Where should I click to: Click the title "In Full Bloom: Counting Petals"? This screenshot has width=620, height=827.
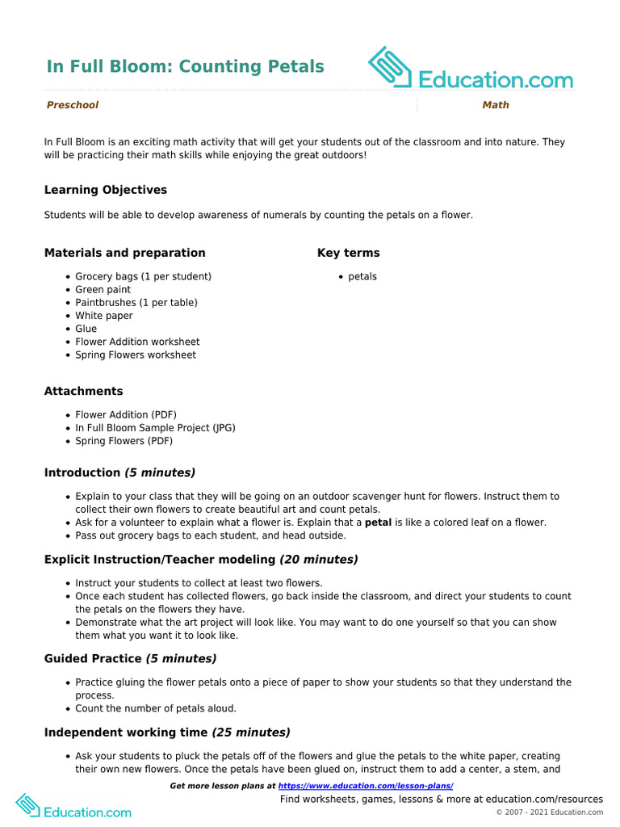[185, 66]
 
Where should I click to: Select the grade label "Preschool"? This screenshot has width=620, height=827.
[73, 105]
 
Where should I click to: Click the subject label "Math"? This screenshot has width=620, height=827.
[496, 105]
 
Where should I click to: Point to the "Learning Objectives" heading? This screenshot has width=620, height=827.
[106, 190]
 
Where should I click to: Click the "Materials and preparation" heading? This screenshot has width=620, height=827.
[124, 253]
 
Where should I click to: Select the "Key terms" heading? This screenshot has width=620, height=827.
[348, 253]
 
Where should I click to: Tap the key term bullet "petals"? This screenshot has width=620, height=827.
[362, 276]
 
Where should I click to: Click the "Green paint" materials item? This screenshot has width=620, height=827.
[103, 289]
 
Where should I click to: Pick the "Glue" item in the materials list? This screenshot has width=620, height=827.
[86, 329]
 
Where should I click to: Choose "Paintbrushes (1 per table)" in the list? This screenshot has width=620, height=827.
[136, 303]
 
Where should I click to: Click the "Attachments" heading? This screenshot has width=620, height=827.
[83, 391]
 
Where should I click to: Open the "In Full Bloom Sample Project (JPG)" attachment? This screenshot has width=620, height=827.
[155, 428]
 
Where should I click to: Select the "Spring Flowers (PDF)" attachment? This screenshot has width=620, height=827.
[124, 441]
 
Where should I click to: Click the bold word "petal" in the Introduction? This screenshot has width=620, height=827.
[379, 523]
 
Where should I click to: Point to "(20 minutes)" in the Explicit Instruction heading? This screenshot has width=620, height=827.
[318, 559]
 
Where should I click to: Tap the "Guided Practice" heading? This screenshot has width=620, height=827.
[93, 658]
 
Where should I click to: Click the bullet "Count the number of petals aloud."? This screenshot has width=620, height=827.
[156, 708]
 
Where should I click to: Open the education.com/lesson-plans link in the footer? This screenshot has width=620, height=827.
[366, 786]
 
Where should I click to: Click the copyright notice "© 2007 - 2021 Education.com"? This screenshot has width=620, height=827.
[549, 812]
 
